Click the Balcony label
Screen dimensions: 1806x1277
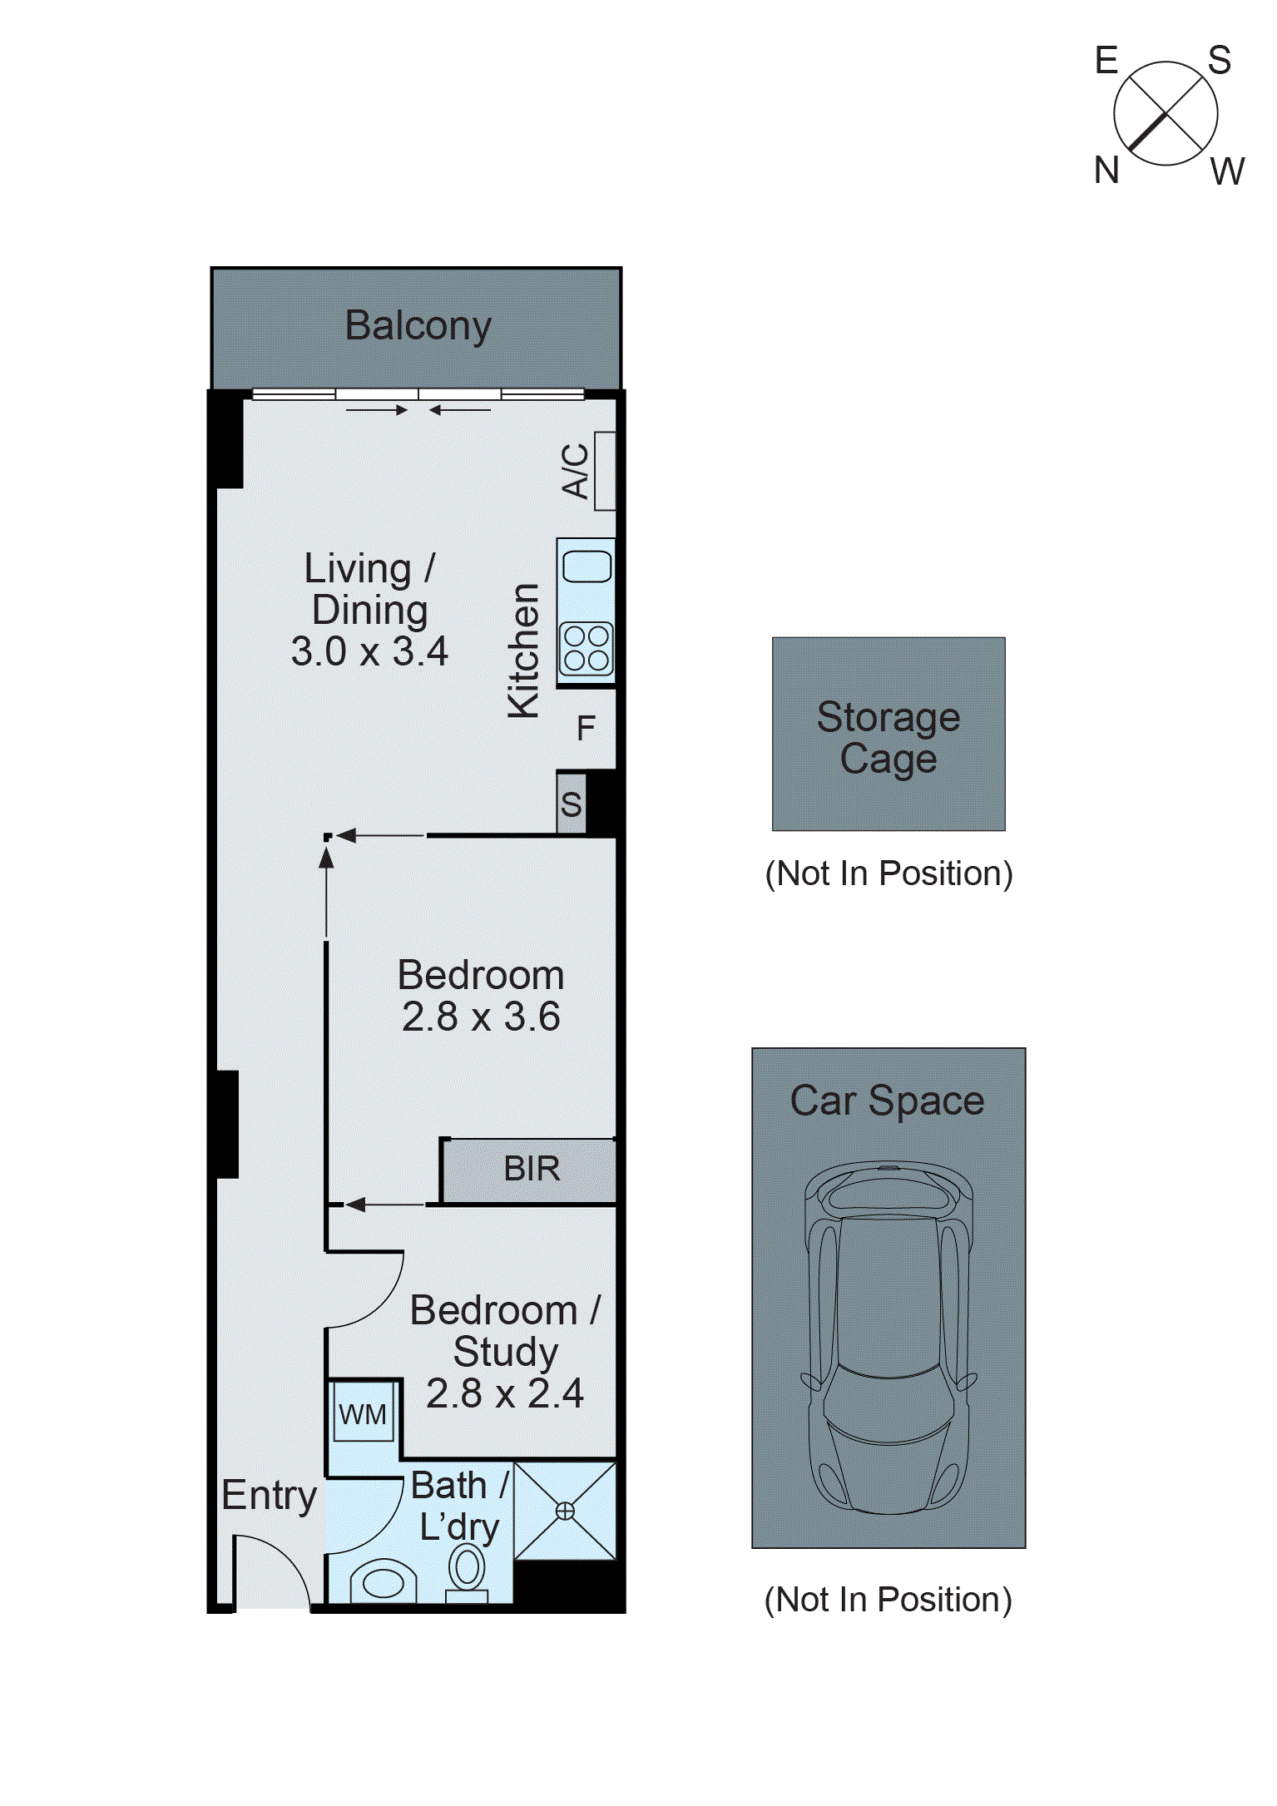click(418, 325)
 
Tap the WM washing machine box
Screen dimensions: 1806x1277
click(363, 1414)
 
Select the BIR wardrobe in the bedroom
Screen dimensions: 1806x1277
click(531, 1169)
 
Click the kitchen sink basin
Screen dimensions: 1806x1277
click(587, 567)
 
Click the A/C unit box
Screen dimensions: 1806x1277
click(605, 471)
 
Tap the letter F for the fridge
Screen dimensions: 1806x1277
click(587, 729)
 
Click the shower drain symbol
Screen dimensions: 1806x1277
click(565, 1512)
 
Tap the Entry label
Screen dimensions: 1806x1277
click(269, 1496)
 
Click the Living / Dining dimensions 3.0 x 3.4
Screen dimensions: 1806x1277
click(369, 651)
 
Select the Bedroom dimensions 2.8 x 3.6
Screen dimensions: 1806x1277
click(481, 1017)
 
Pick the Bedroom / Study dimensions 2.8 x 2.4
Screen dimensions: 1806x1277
click(505, 1393)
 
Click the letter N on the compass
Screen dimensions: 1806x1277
click(1106, 171)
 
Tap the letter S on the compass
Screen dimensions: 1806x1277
click(1220, 61)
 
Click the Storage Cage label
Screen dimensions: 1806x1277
click(888, 737)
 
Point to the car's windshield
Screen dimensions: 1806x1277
click(888, 1398)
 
